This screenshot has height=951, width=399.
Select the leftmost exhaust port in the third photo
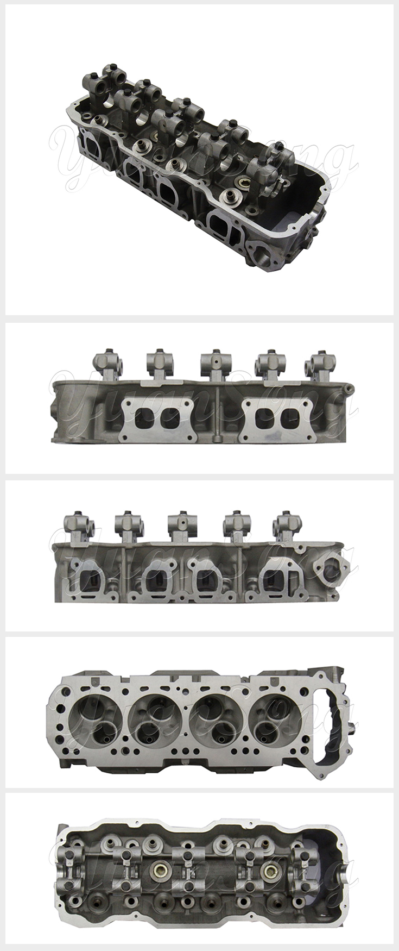(x=90, y=583)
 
